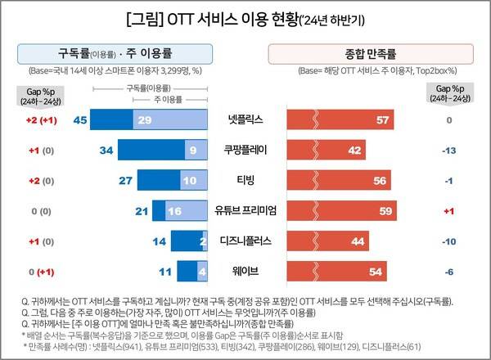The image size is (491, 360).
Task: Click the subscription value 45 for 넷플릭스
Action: pyautogui.click(x=80, y=120)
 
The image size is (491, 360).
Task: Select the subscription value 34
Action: pyautogui.click(x=106, y=151)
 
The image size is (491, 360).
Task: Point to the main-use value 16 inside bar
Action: pyautogui.click(x=173, y=211)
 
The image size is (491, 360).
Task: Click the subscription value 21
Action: pyautogui.click(x=140, y=211)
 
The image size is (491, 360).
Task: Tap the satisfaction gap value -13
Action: pyautogui.click(x=448, y=151)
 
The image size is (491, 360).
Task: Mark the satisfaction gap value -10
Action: pyautogui.click(x=448, y=241)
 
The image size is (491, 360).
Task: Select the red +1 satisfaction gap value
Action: pyautogui.click(x=448, y=211)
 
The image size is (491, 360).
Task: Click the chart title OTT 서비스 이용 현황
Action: pyautogui.click(x=245, y=17)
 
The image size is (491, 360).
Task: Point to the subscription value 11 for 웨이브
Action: pyautogui.click(x=164, y=271)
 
